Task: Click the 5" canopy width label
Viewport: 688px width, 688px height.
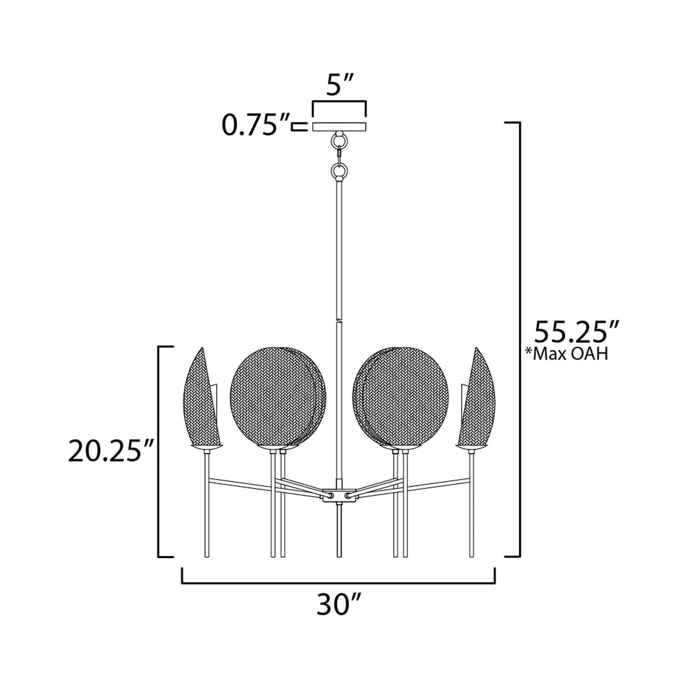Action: pyautogui.click(x=339, y=86)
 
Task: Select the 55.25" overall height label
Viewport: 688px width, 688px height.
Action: pyautogui.click(x=577, y=331)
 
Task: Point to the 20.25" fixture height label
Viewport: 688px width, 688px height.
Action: pyautogui.click(x=111, y=451)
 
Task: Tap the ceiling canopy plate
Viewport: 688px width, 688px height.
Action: pyautogui.click(x=339, y=126)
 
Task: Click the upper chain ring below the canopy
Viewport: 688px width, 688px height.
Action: pyautogui.click(x=339, y=140)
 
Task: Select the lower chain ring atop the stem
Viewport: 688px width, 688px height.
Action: pyautogui.click(x=339, y=170)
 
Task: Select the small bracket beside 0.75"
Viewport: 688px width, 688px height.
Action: pyautogui.click(x=298, y=126)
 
